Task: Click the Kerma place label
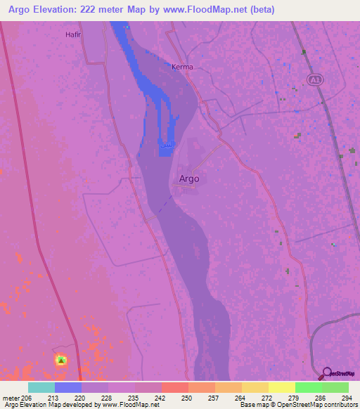[x=182, y=67]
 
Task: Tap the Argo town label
[x=189, y=178]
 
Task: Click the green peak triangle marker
[x=61, y=361]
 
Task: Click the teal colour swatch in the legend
[x=41, y=387]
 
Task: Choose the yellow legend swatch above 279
[x=281, y=387]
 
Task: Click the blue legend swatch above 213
[x=68, y=387]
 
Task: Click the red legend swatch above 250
[x=174, y=387]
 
